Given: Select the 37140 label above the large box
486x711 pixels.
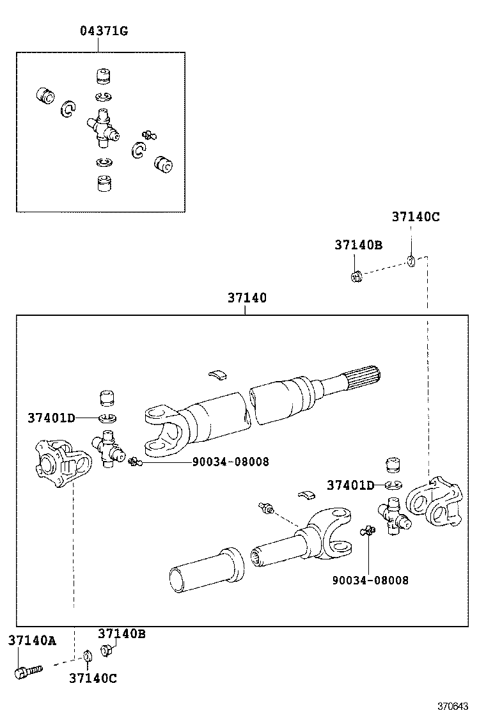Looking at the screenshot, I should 246,298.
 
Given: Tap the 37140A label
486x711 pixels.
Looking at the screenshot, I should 31,641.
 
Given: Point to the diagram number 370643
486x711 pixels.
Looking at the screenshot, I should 453,705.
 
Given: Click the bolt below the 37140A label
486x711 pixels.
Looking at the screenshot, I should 27,671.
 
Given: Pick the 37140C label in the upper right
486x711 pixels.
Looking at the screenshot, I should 416,217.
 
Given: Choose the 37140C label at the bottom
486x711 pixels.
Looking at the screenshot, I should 93,678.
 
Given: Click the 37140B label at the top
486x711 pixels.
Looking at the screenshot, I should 358,244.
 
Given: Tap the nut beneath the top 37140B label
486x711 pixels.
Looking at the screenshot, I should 357,276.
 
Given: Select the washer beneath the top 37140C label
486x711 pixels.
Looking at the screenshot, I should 411,260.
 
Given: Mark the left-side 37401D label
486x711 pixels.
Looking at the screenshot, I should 51,418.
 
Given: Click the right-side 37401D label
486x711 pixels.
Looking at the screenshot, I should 350,485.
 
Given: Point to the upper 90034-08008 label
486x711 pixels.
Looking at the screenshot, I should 230,462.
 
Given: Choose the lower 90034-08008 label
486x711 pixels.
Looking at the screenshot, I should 370,580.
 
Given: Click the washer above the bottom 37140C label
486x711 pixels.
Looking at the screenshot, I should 87,656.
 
